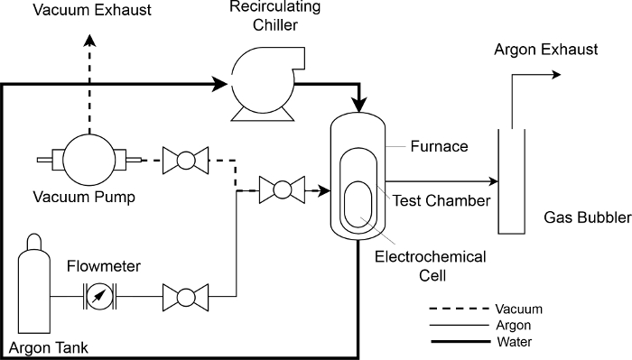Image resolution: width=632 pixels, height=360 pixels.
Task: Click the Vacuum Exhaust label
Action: (92, 10)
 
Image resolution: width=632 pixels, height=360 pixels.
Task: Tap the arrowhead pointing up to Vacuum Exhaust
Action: (89, 41)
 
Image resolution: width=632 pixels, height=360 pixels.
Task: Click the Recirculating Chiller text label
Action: (274, 16)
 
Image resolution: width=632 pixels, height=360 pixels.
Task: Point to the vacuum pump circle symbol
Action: (89, 160)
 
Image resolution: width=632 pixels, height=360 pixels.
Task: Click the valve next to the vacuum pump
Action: (185, 161)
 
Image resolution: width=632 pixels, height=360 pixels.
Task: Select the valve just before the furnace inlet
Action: (282, 189)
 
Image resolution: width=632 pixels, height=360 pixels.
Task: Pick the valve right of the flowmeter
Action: (185, 297)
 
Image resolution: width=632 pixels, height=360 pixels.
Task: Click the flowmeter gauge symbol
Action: (99, 297)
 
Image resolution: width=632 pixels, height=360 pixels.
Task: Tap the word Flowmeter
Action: (104, 266)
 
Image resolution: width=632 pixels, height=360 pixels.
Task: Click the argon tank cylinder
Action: (34, 283)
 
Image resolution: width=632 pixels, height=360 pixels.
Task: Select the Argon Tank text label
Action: (49, 347)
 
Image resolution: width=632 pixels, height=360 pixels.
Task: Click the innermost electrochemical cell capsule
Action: (358, 204)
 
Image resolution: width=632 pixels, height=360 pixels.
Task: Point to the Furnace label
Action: (440, 146)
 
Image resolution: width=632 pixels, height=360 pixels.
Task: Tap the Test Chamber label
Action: (441, 200)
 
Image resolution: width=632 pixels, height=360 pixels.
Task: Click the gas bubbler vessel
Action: (512, 181)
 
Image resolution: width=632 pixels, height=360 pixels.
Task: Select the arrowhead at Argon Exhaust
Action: (556, 75)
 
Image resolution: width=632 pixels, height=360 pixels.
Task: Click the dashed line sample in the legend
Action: (460, 309)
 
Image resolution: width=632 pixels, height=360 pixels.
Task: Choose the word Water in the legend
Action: (515, 342)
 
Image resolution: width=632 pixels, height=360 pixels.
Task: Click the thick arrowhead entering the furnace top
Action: (358, 105)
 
